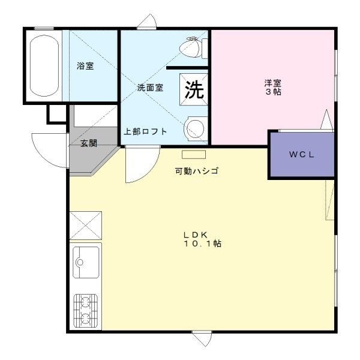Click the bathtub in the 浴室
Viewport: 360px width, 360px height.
(44, 65)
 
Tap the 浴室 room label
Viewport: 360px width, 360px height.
(85, 66)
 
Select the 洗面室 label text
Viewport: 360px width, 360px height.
(150, 88)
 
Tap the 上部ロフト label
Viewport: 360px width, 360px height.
(145, 131)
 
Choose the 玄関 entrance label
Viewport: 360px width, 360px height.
(89, 143)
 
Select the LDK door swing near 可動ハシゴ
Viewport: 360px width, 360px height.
(149, 171)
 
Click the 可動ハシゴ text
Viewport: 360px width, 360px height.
(196, 171)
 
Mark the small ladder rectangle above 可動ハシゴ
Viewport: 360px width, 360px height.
(194, 155)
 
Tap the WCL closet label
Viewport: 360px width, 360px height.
(301, 155)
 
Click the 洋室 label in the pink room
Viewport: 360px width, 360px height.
(273, 82)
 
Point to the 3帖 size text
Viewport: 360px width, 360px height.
(273, 92)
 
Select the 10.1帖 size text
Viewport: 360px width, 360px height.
(203, 244)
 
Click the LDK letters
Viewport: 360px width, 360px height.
(196, 235)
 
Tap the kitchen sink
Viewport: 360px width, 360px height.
(86, 262)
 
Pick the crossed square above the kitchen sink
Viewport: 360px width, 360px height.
(86, 226)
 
